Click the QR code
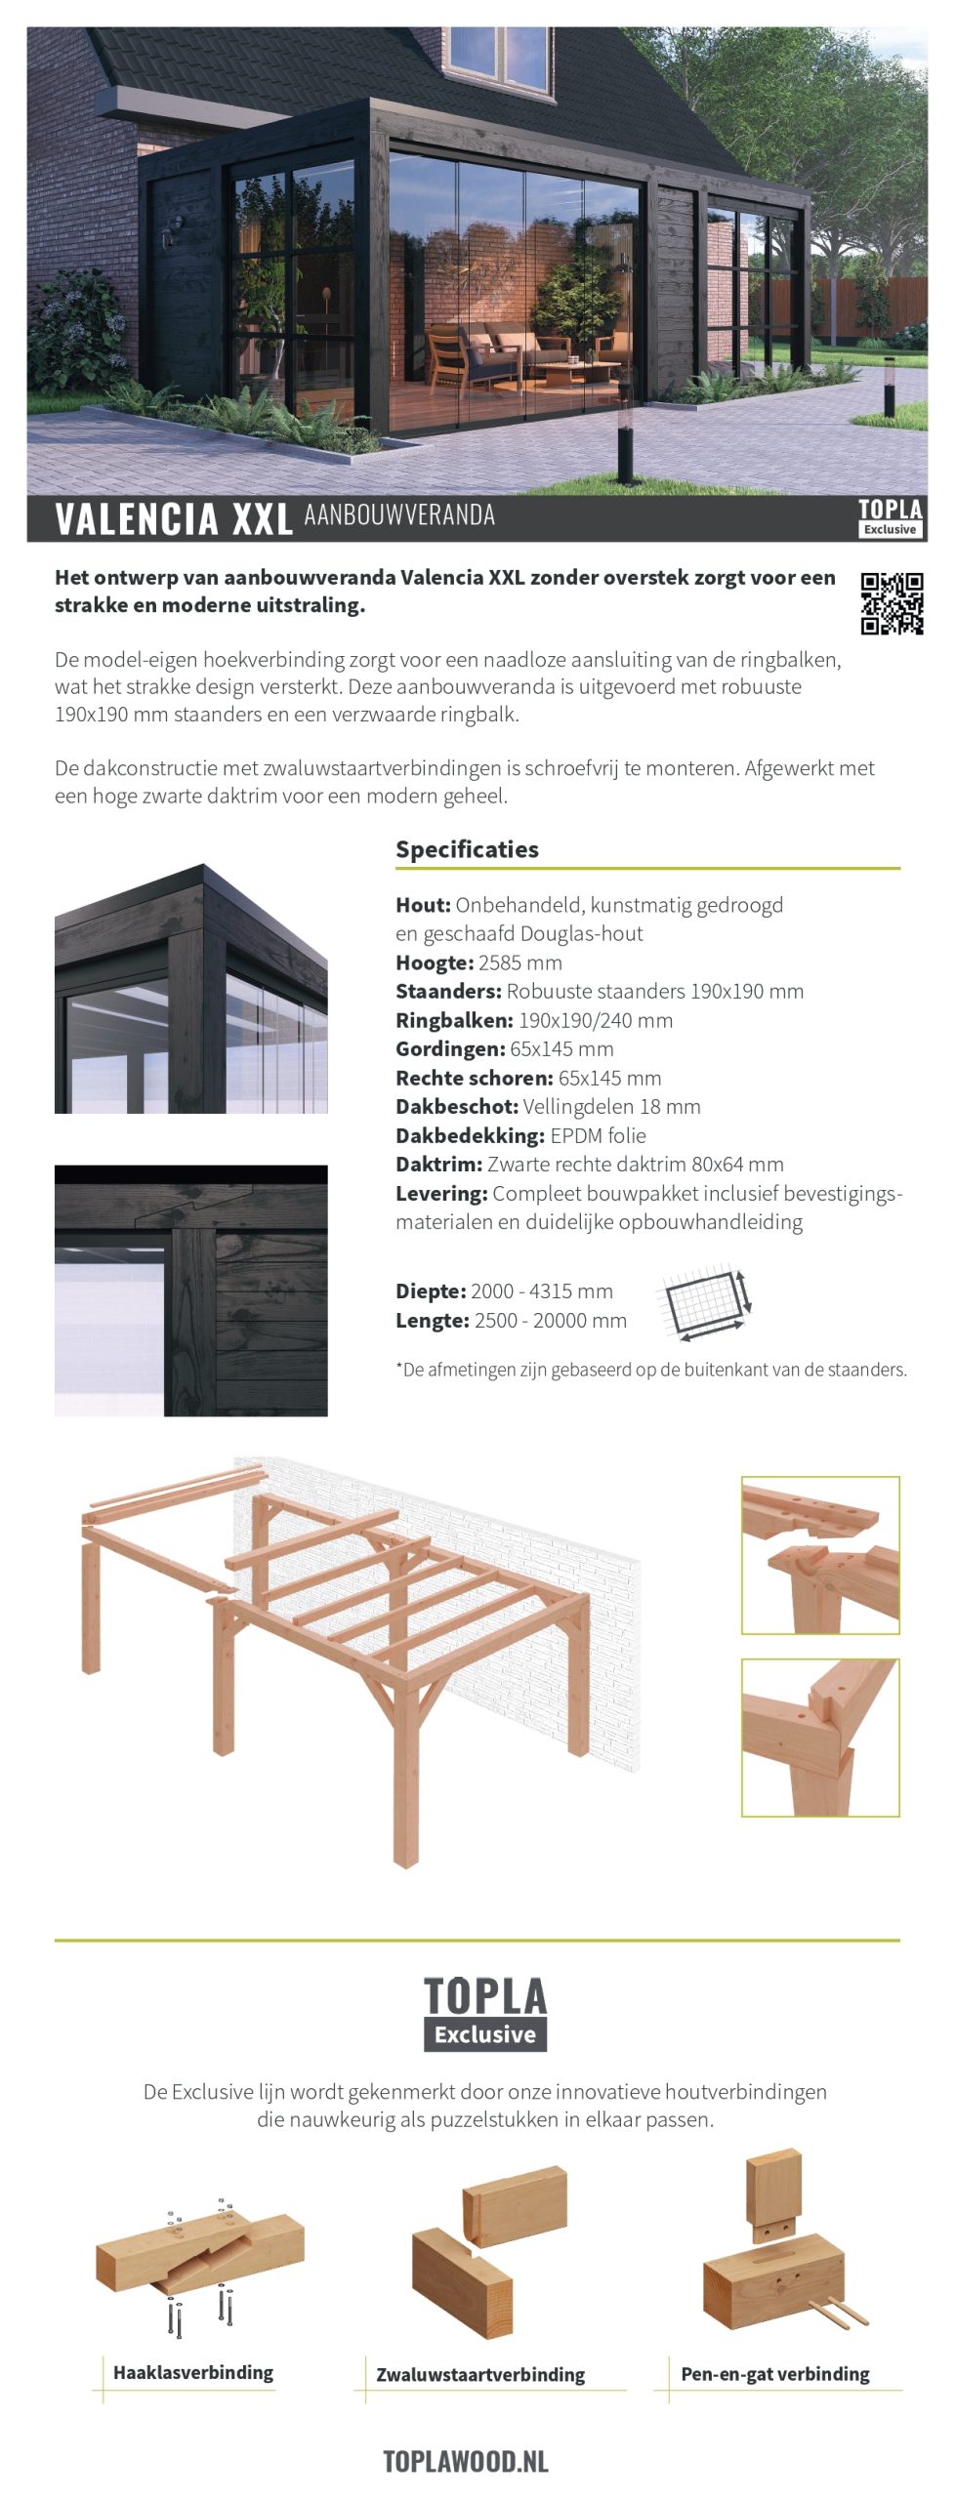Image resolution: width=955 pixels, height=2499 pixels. (892, 603)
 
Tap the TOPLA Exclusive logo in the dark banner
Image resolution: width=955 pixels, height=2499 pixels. (890, 517)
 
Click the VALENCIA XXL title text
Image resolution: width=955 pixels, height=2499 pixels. (174, 519)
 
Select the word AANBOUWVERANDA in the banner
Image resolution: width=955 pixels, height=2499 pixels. (399, 515)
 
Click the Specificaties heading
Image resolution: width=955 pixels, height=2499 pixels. (467, 849)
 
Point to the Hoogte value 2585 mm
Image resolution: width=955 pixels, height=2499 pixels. (520, 963)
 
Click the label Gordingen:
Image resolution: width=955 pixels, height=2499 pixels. (450, 1049)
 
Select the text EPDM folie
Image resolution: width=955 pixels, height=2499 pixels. (598, 1135)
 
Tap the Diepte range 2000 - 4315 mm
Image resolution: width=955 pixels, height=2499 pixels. (542, 1291)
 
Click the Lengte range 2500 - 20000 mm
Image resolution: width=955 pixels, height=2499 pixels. (551, 1321)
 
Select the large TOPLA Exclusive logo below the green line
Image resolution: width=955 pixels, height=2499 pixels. (485, 2013)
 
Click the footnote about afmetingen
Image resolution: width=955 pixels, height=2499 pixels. (651, 1370)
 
